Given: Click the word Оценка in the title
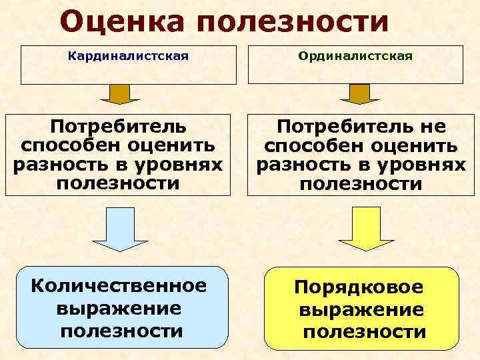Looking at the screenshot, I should click(123, 22).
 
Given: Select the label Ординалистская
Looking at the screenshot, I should click(363, 55).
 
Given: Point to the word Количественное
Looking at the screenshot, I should click(119, 286).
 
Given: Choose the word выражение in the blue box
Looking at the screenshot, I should click(119, 309).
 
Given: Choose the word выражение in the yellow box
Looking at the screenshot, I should click(361, 310).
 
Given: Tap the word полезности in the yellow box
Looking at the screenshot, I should click(365, 332).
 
